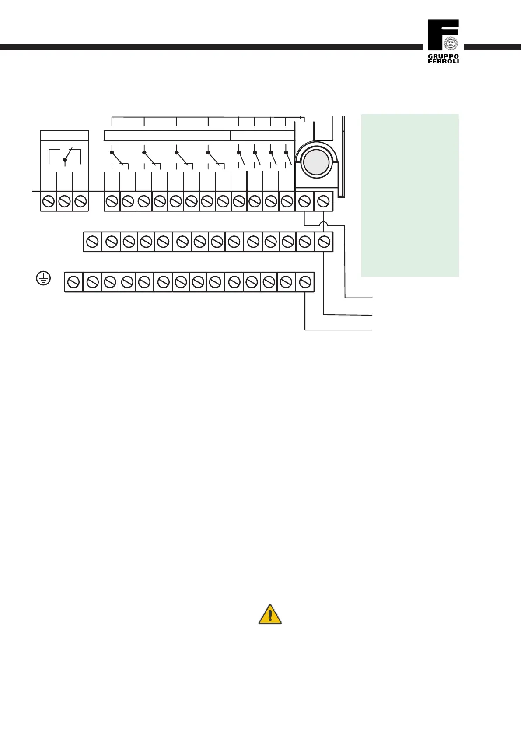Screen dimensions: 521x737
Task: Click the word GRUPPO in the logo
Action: pos(443,56)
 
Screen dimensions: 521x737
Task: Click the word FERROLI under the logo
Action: pos(443,61)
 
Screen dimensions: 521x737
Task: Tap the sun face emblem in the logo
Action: pos(450,43)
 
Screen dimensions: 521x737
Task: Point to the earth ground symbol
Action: pos(43,278)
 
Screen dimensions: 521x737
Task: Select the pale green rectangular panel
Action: pos(410,195)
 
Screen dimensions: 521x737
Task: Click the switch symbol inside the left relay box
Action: pos(65,157)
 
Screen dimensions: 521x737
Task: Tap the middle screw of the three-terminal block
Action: pos(64,202)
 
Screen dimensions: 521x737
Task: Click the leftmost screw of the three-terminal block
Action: pos(48,202)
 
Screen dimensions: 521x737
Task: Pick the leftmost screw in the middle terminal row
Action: pos(92,242)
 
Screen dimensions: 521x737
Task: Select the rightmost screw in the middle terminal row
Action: pos(324,242)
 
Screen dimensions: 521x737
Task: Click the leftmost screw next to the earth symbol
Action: pos(73,282)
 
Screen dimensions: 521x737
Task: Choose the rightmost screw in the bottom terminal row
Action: pos(305,282)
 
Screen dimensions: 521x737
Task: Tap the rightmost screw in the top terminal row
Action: pos(323,202)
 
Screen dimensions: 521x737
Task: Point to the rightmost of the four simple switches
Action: pos(288,158)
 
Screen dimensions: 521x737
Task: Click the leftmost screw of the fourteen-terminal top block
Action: pos(112,202)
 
